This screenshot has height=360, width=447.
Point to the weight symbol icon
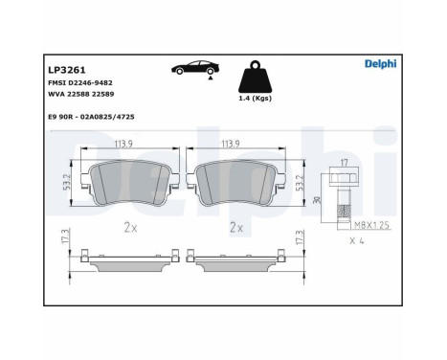tap(255, 76)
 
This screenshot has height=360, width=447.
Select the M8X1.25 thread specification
tap(374, 226)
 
